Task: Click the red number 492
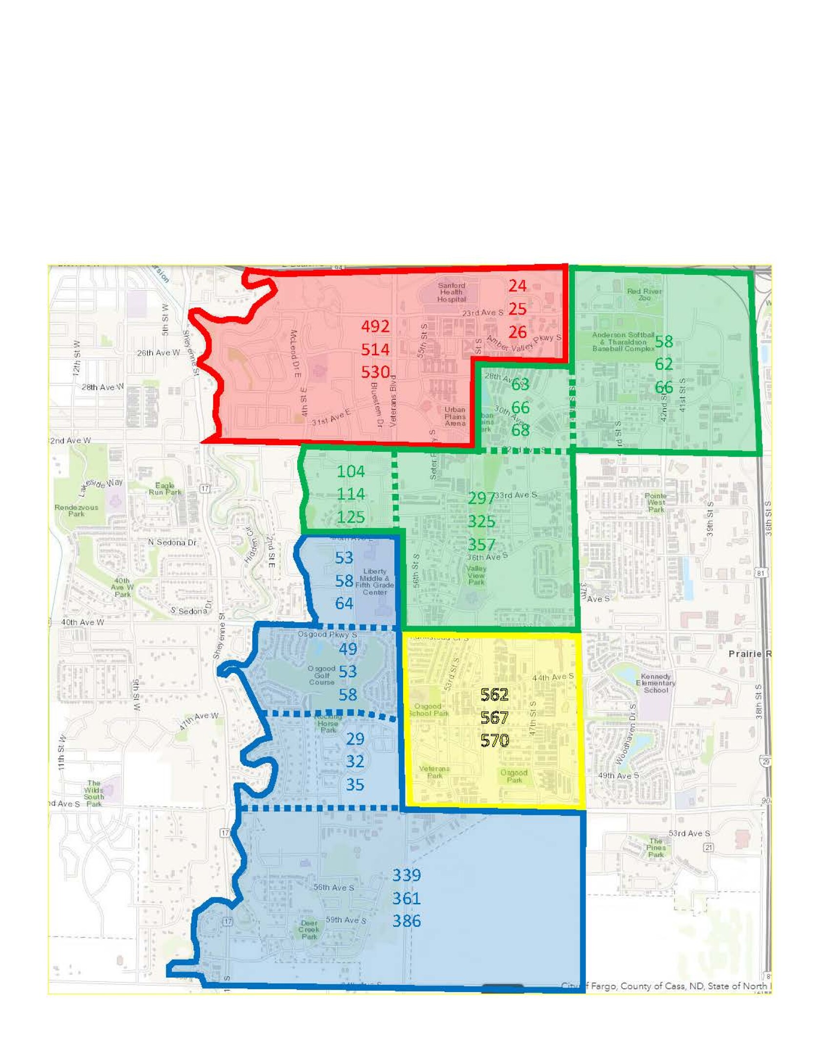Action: coord(375,326)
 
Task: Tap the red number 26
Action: coord(517,332)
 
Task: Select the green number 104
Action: coord(350,471)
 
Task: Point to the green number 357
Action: coord(481,544)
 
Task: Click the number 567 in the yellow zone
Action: coord(494,717)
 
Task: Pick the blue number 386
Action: coord(407,921)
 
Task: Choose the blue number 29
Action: coord(355,738)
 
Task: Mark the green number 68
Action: coord(520,430)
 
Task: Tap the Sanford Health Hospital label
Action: coord(451,292)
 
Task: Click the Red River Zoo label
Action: coord(644,294)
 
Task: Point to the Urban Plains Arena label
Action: coord(455,416)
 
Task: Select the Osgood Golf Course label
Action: coord(322,675)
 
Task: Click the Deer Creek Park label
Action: coord(309,930)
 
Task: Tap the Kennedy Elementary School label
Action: coord(656,683)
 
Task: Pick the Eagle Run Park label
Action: coord(165,489)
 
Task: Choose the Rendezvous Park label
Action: coord(76,510)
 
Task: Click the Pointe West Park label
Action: coord(656,503)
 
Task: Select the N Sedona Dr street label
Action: coord(172,542)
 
